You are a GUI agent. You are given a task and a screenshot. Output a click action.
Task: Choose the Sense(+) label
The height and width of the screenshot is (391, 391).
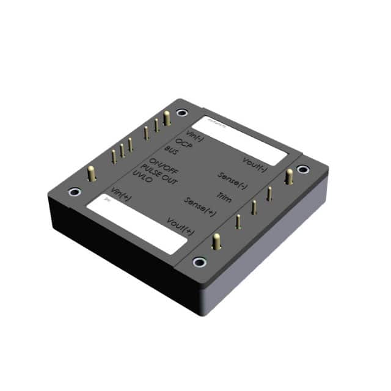(200, 206)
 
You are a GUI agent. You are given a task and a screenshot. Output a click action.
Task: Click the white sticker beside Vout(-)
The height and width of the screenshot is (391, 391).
(244, 139)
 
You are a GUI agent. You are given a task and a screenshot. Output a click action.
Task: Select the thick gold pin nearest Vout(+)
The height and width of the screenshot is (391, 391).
(215, 241)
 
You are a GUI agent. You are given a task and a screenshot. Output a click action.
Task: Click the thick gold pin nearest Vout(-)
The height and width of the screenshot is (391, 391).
(288, 177)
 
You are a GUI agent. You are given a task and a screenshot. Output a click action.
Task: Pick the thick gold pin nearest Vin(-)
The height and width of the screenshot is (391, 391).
(167, 117)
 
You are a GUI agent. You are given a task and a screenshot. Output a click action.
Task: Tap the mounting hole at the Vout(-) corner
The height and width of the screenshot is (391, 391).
(302, 169)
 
